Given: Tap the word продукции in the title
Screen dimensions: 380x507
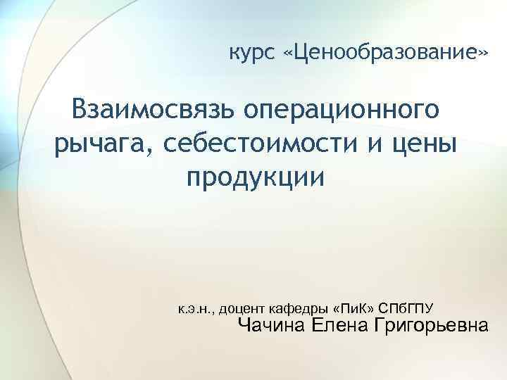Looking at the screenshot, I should tap(256, 177).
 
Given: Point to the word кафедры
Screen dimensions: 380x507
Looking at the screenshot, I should tap(300, 308).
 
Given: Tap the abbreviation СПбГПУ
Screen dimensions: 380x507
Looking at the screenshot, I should tap(406, 308).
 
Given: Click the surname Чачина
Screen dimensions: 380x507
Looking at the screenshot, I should tap(271, 326).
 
